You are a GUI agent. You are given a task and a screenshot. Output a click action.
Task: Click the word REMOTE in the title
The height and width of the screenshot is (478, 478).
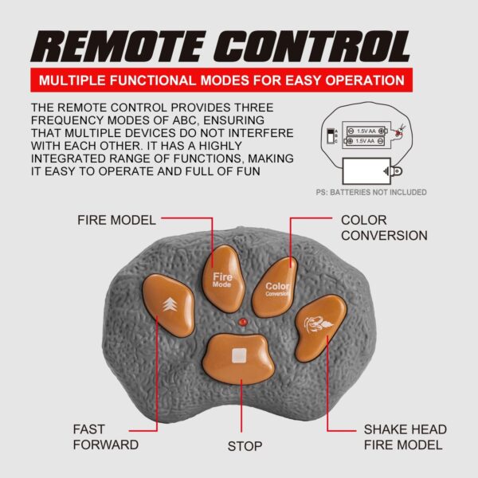pyautogui.click(x=118, y=46)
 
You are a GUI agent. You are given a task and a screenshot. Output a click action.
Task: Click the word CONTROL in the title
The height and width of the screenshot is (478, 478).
pyautogui.click(x=312, y=46)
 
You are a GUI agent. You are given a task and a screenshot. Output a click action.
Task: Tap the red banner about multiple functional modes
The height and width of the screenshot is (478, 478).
pyautogui.click(x=221, y=80)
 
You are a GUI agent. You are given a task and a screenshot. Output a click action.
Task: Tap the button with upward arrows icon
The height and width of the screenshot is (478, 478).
pyautogui.click(x=169, y=304)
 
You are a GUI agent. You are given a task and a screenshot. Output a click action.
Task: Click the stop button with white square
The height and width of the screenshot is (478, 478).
pyautogui.click(x=239, y=357)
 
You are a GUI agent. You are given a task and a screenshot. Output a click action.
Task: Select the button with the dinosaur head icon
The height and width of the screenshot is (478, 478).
pyautogui.click(x=319, y=327)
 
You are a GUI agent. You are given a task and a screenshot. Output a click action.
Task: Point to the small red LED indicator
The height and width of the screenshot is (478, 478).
pyautogui.click(x=243, y=322)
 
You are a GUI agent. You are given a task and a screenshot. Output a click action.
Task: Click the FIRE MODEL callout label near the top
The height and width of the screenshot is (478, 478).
pyautogui.click(x=117, y=220)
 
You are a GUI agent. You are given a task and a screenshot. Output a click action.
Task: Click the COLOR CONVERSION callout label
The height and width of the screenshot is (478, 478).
pyautogui.click(x=384, y=228)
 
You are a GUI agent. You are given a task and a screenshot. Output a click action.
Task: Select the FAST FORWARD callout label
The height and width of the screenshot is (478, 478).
pyautogui.click(x=106, y=437)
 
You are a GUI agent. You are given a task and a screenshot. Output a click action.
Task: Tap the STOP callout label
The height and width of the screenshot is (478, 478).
pyautogui.click(x=245, y=446)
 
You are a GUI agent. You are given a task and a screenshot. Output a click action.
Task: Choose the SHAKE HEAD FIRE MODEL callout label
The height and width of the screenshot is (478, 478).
pyautogui.click(x=406, y=437)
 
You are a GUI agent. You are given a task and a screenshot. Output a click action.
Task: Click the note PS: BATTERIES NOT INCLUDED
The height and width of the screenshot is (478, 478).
pyautogui.click(x=371, y=192)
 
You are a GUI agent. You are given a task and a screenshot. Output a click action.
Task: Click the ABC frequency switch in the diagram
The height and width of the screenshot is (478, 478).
pyautogui.click(x=330, y=136)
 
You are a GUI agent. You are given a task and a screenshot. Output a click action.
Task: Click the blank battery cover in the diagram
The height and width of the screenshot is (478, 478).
pyautogui.click(x=366, y=170)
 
